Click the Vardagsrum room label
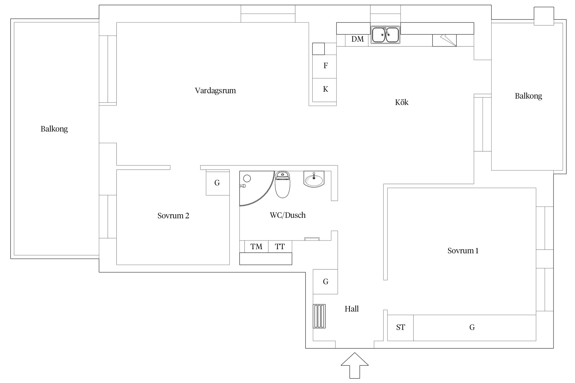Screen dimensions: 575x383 (215, 91)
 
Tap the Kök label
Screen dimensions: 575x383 (401, 102)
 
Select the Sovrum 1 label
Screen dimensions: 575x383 (463, 251)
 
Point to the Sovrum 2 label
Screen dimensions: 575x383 (173, 216)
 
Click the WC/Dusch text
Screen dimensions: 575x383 (287, 215)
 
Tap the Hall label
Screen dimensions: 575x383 (352, 309)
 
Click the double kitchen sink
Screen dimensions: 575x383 (385, 35)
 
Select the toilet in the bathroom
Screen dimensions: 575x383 (282, 184)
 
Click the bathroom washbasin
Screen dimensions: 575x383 (314, 179)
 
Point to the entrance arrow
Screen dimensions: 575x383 (354, 365)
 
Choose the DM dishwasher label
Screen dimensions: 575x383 (357, 39)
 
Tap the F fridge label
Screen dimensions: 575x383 (326, 66)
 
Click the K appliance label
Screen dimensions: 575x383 (326, 89)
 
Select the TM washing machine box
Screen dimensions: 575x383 (256, 246)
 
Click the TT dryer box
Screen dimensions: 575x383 (280, 246)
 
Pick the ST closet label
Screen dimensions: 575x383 (400, 327)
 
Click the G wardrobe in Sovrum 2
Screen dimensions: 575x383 (218, 183)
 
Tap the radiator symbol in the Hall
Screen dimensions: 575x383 (319, 316)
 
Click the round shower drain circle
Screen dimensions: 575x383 (247, 178)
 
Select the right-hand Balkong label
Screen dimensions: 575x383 (528, 96)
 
